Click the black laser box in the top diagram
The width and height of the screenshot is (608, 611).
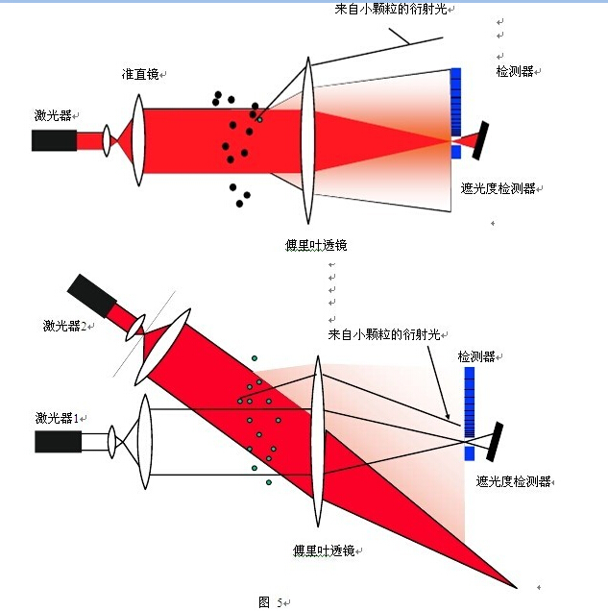tap(54, 140)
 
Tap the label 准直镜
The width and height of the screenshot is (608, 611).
tap(140, 74)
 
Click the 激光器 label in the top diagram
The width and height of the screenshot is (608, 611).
tap(53, 116)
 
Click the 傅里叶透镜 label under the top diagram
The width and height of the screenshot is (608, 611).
tap(315, 246)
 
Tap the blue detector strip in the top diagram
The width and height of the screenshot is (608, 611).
tap(455, 106)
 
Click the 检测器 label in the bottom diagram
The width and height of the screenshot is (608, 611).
tap(476, 356)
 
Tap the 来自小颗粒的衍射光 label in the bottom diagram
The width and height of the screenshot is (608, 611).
tap(383, 334)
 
